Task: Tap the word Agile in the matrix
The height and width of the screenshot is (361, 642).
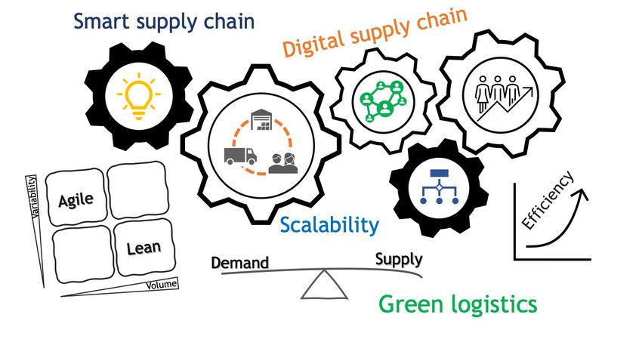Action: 76,199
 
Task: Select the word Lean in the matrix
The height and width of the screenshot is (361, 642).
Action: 144,248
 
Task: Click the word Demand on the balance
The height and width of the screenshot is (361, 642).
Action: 239,263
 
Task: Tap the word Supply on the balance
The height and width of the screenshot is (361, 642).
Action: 399,259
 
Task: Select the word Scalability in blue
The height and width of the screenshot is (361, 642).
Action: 329,224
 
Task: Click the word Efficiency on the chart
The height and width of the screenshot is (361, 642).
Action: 548,200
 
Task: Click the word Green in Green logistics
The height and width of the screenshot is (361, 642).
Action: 408,304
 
